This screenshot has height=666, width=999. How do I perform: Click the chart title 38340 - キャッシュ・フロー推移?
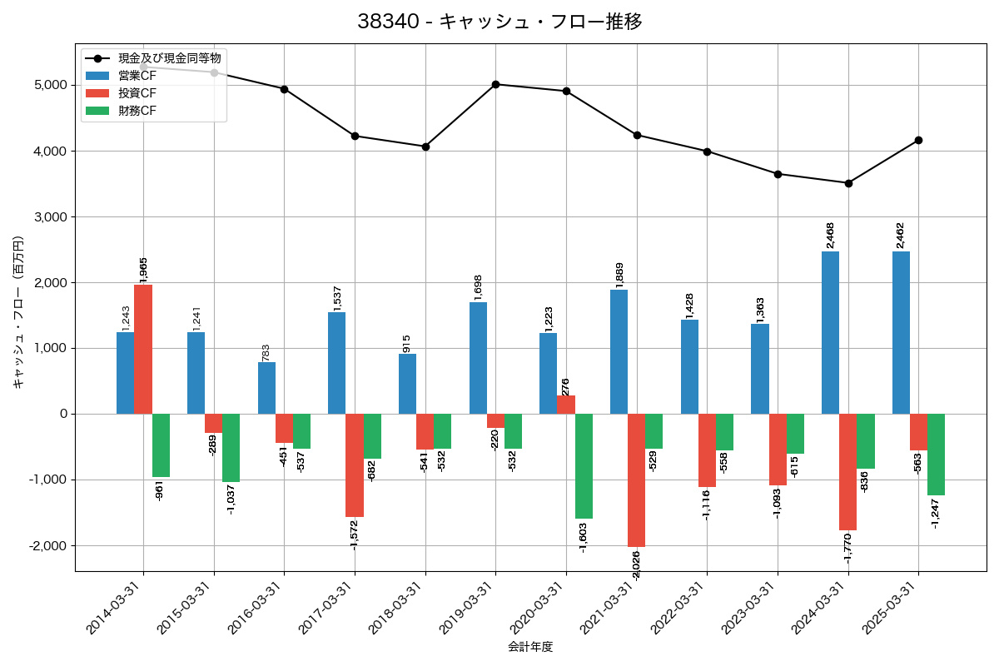click(499, 22)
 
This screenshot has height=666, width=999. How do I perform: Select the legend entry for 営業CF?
click(137, 76)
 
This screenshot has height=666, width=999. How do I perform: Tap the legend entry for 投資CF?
click(137, 93)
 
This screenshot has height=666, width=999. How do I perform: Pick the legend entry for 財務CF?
click(137, 110)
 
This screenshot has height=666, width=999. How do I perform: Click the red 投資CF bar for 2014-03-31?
click(143, 350)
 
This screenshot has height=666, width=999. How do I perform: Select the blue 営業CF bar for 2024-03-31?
click(830, 333)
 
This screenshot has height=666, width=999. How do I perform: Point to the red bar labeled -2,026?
click(636, 480)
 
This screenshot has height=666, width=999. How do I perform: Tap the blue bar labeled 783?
click(266, 388)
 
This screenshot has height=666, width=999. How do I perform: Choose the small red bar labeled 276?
click(566, 405)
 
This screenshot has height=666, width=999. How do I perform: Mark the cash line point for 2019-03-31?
click(495, 84)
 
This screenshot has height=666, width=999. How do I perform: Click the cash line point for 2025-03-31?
click(918, 140)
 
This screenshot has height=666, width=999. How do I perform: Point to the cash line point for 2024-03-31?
click(847, 183)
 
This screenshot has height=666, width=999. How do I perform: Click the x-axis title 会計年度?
click(530, 647)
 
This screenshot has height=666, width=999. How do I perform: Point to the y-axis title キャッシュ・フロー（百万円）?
click(18, 312)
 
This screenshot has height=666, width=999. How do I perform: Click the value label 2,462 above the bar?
click(901, 236)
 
